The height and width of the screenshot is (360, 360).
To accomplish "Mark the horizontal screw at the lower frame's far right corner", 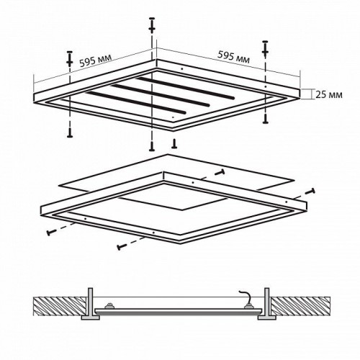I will (312, 192).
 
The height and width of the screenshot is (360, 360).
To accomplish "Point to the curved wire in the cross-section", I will (246, 292).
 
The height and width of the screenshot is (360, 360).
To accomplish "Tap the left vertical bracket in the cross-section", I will (91, 300).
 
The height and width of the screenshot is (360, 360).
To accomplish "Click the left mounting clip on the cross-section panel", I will (112, 306).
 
